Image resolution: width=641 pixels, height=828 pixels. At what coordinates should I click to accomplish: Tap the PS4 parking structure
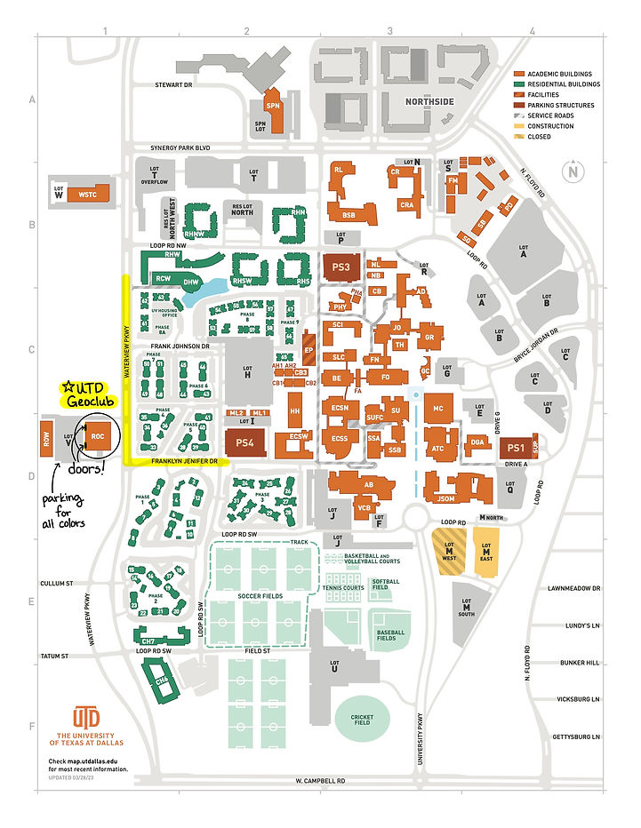pos(246,442)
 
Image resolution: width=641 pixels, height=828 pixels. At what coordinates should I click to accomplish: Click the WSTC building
pos(89,193)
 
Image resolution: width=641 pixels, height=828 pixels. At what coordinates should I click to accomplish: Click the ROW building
pos(45,437)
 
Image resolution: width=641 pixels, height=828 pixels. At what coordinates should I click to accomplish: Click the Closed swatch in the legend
pos(519,137)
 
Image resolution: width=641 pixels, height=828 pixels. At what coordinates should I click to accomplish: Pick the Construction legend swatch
pos(519,126)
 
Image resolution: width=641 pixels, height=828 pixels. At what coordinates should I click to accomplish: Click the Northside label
pos(429,102)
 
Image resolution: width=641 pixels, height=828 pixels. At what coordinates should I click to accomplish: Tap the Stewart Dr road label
pos(174,85)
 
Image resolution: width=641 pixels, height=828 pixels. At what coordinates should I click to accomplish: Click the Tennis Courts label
pos(344,586)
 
